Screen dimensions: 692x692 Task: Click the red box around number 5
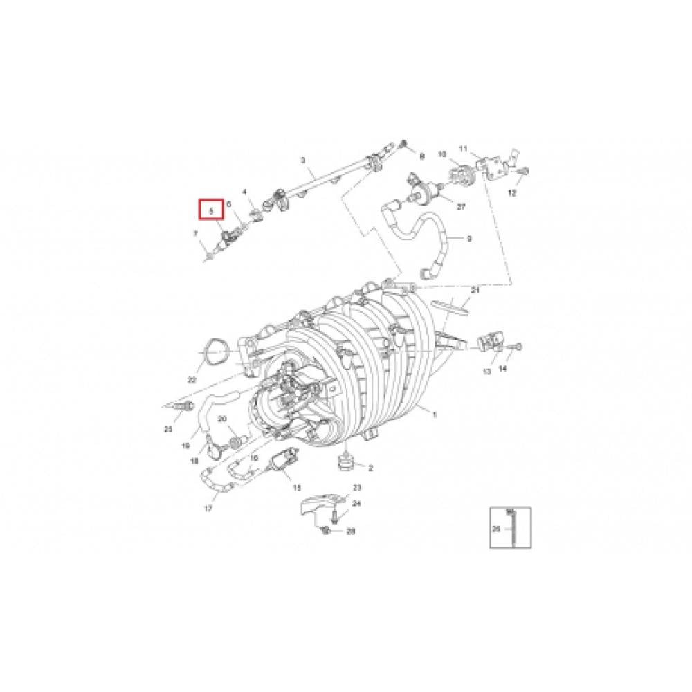212,209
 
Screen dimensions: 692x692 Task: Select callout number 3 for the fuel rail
302,161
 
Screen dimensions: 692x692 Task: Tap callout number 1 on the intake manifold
435,415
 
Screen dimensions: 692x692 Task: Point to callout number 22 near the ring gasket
192,380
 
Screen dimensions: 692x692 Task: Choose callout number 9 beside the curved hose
469,239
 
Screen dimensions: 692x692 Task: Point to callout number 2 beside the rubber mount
370,468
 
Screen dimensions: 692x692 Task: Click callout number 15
297,487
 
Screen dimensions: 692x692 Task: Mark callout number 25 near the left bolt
168,430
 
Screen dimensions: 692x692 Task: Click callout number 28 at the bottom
351,531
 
